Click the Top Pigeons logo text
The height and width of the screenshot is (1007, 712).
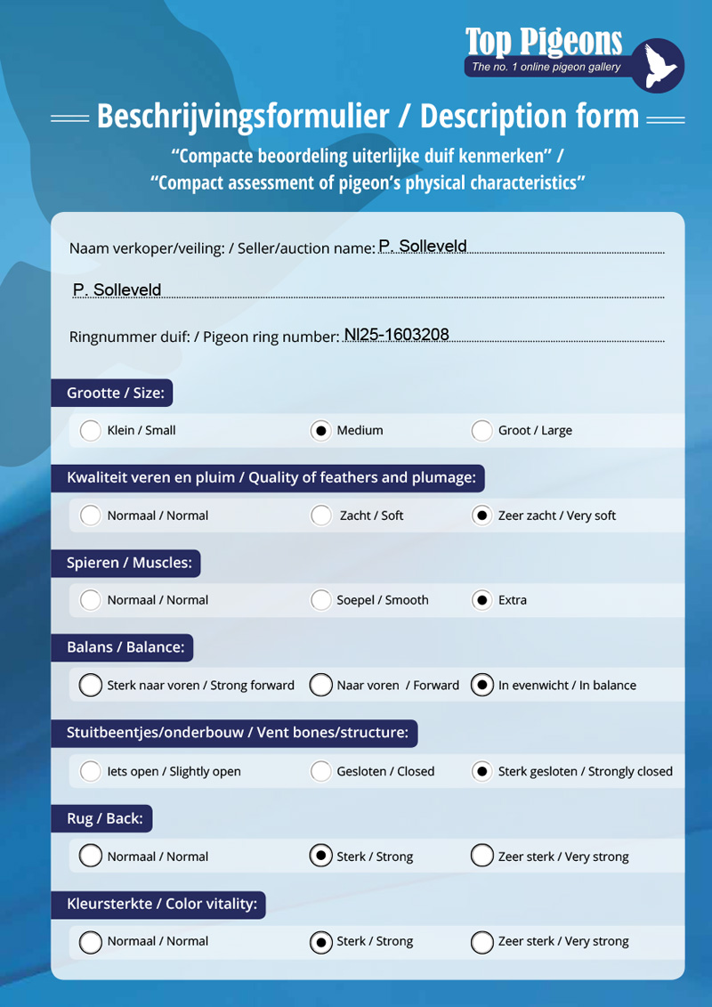(543, 41)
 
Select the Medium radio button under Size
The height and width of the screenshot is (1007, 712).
(320, 431)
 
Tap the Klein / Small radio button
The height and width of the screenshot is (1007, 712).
(90, 431)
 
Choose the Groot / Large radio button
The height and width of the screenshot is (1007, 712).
(481, 431)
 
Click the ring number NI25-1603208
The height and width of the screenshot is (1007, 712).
(396, 336)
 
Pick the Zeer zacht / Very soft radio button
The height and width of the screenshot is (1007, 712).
(481, 516)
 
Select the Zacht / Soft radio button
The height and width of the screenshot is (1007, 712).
(320, 516)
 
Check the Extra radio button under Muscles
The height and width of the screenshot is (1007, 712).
(481, 600)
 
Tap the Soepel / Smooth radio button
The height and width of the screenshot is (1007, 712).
(320, 600)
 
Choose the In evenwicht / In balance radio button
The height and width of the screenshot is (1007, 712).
(481, 686)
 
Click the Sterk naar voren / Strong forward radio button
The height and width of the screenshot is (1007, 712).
(90, 686)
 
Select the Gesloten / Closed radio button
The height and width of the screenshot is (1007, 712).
(320, 771)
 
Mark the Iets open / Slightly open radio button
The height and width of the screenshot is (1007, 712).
(90, 771)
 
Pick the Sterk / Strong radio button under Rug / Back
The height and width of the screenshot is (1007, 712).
(320, 857)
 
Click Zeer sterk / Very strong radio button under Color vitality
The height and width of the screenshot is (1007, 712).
(481, 942)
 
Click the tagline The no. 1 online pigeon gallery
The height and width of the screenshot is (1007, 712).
(546, 67)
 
